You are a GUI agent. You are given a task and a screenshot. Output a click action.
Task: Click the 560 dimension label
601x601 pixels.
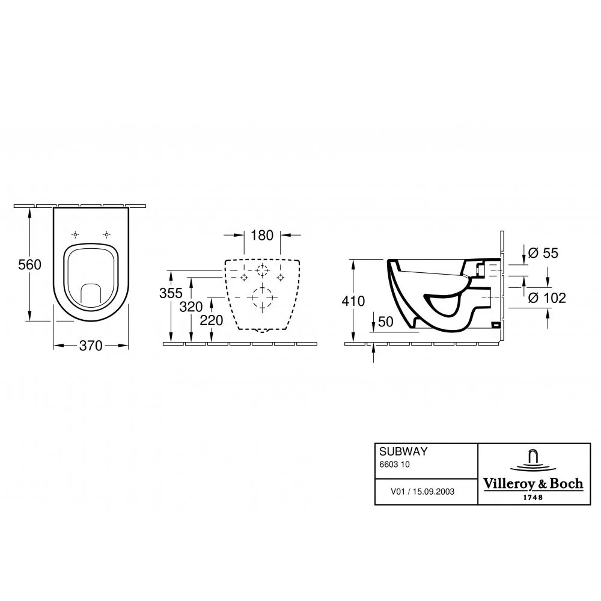[x=29, y=264]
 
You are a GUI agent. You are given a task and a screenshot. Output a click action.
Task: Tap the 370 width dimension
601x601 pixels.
[x=91, y=346]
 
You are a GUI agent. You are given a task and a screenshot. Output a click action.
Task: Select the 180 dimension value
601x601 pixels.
[x=262, y=236]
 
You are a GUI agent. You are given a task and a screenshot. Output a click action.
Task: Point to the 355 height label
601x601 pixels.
[x=171, y=293]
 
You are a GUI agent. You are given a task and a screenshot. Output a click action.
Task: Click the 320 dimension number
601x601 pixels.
[x=191, y=307]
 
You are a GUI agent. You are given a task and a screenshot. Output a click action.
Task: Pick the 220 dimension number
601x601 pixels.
[x=211, y=320]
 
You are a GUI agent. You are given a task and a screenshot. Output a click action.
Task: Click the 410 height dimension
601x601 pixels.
[x=353, y=301]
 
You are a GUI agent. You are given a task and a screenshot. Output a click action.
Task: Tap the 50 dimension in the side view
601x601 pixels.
[x=386, y=322]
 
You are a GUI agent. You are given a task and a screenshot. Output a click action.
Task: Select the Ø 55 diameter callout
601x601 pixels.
[x=543, y=253]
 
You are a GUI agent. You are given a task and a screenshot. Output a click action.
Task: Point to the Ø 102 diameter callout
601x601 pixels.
[x=546, y=298]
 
